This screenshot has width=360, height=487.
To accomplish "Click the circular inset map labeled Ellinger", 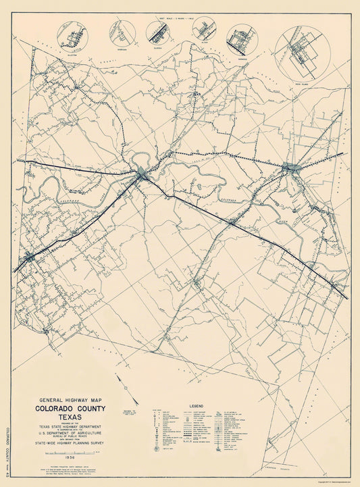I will coord(72,38).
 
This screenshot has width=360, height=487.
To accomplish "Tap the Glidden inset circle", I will coord(159,32).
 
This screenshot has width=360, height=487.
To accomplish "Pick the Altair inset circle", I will coord(203,29).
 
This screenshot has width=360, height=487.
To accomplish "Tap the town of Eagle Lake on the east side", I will coord(292,168).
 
